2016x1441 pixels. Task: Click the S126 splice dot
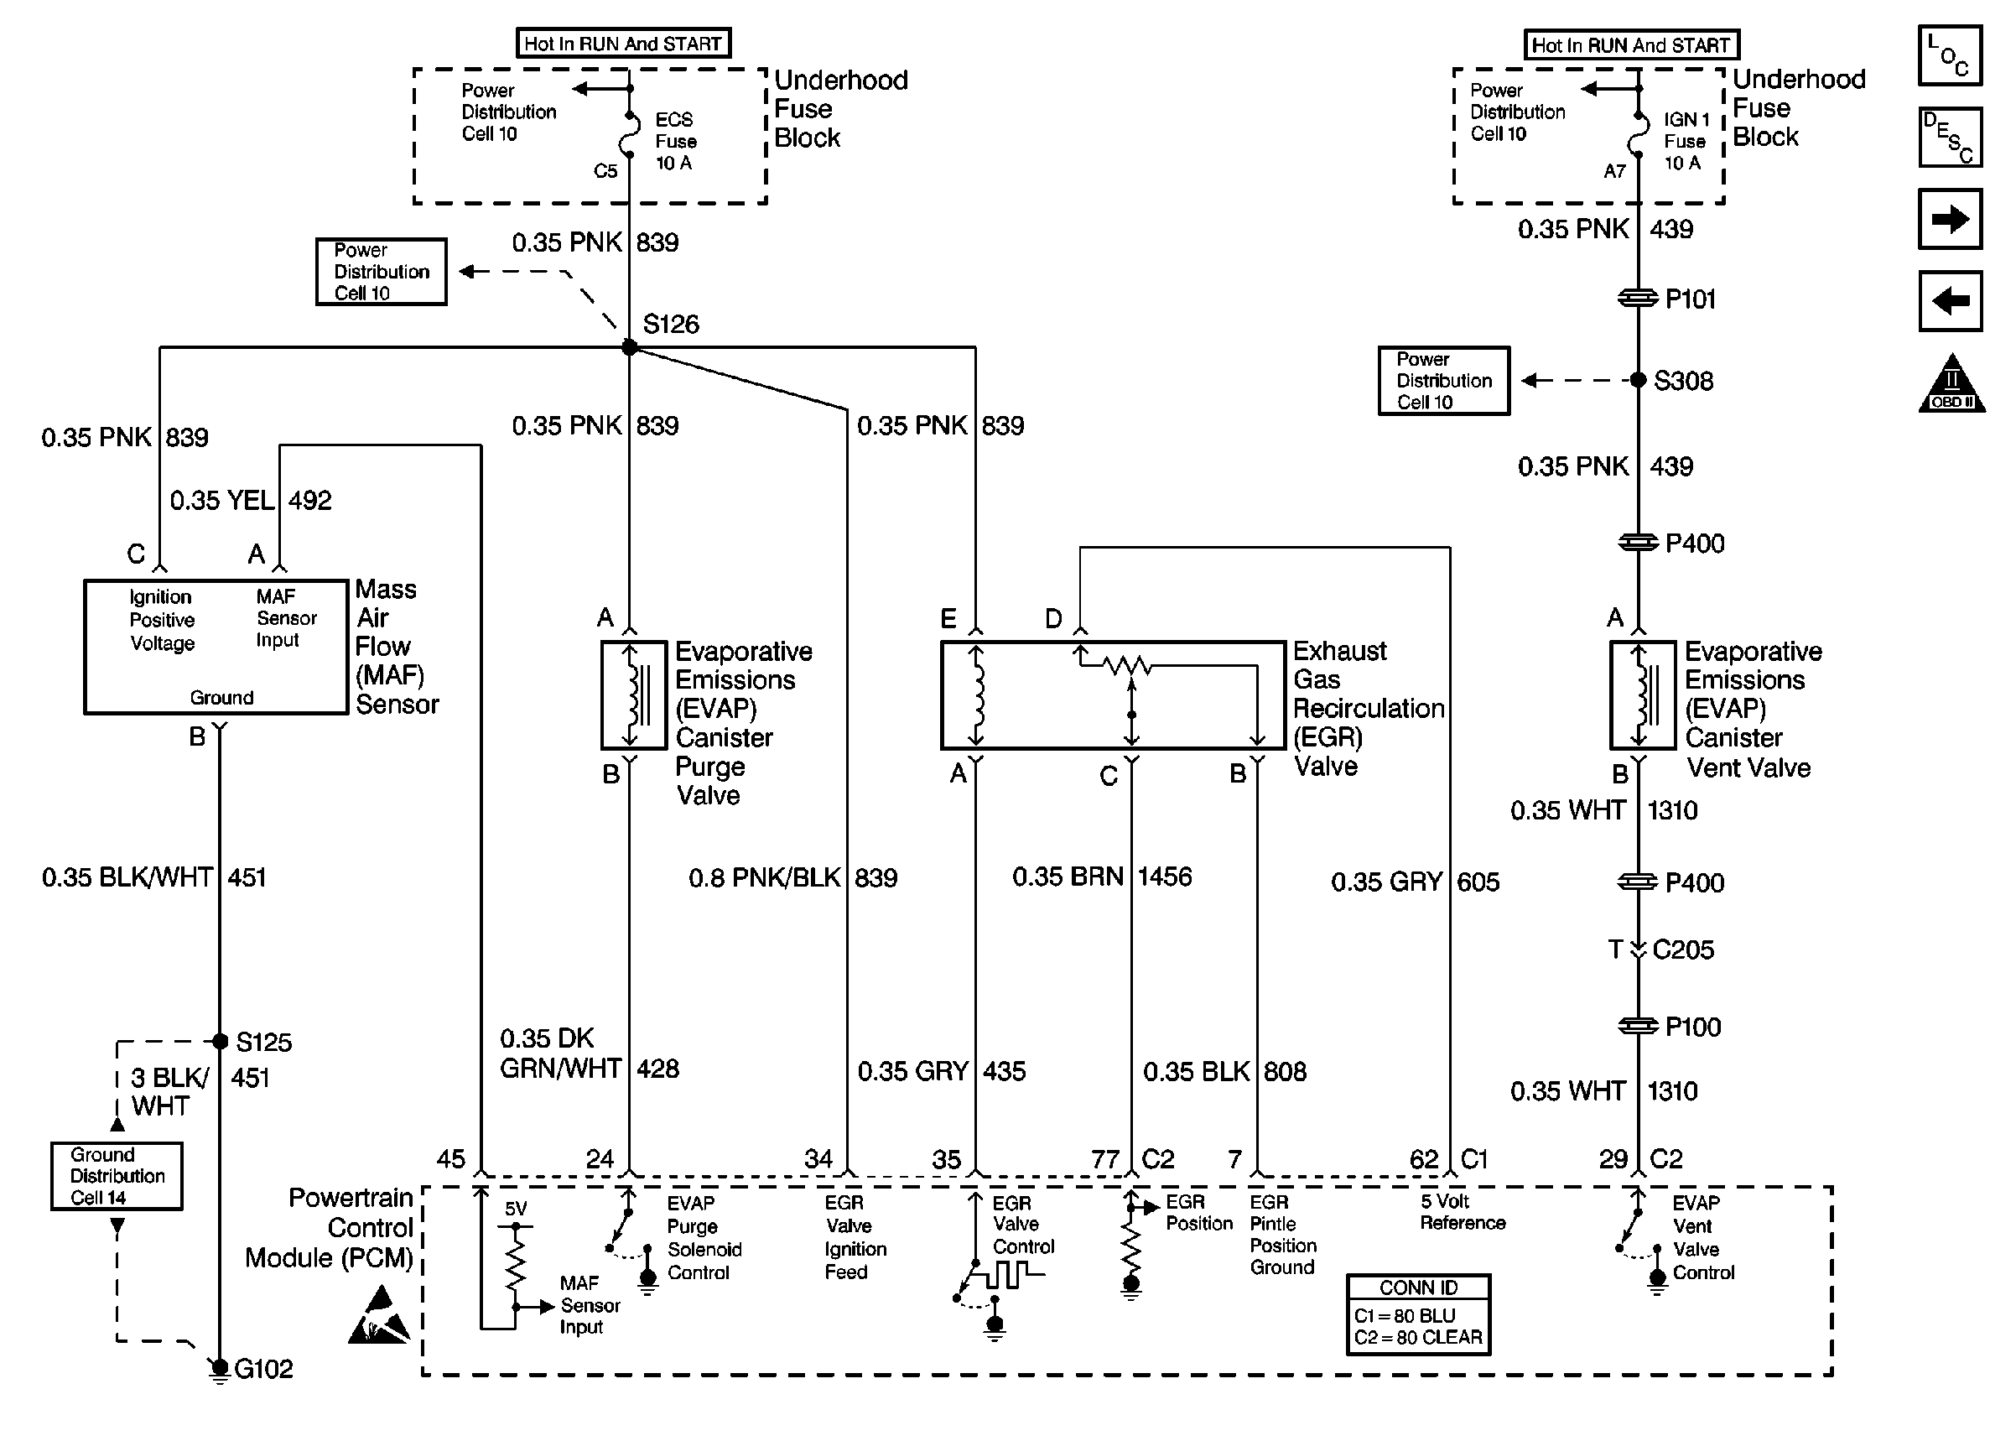(629, 347)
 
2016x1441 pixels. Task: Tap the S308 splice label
(1682, 381)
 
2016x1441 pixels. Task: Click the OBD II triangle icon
(1951, 384)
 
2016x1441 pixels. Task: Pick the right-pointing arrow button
(1950, 218)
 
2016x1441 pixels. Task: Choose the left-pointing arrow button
(1950, 301)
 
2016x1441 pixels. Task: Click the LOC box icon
(1950, 55)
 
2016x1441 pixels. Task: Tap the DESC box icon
(1950, 138)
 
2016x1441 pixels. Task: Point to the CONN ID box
(1417, 1314)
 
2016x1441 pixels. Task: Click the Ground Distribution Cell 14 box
(117, 1176)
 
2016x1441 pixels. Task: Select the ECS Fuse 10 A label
(675, 141)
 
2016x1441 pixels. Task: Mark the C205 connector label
(1682, 949)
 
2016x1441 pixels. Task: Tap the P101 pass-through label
(1690, 299)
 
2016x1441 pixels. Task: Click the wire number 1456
(1165, 877)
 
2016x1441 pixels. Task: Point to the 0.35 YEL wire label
(221, 501)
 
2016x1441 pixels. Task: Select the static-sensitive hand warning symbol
(379, 1316)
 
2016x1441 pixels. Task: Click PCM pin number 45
(450, 1159)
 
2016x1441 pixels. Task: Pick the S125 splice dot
(220, 1041)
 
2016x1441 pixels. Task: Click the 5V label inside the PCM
(515, 1209)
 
